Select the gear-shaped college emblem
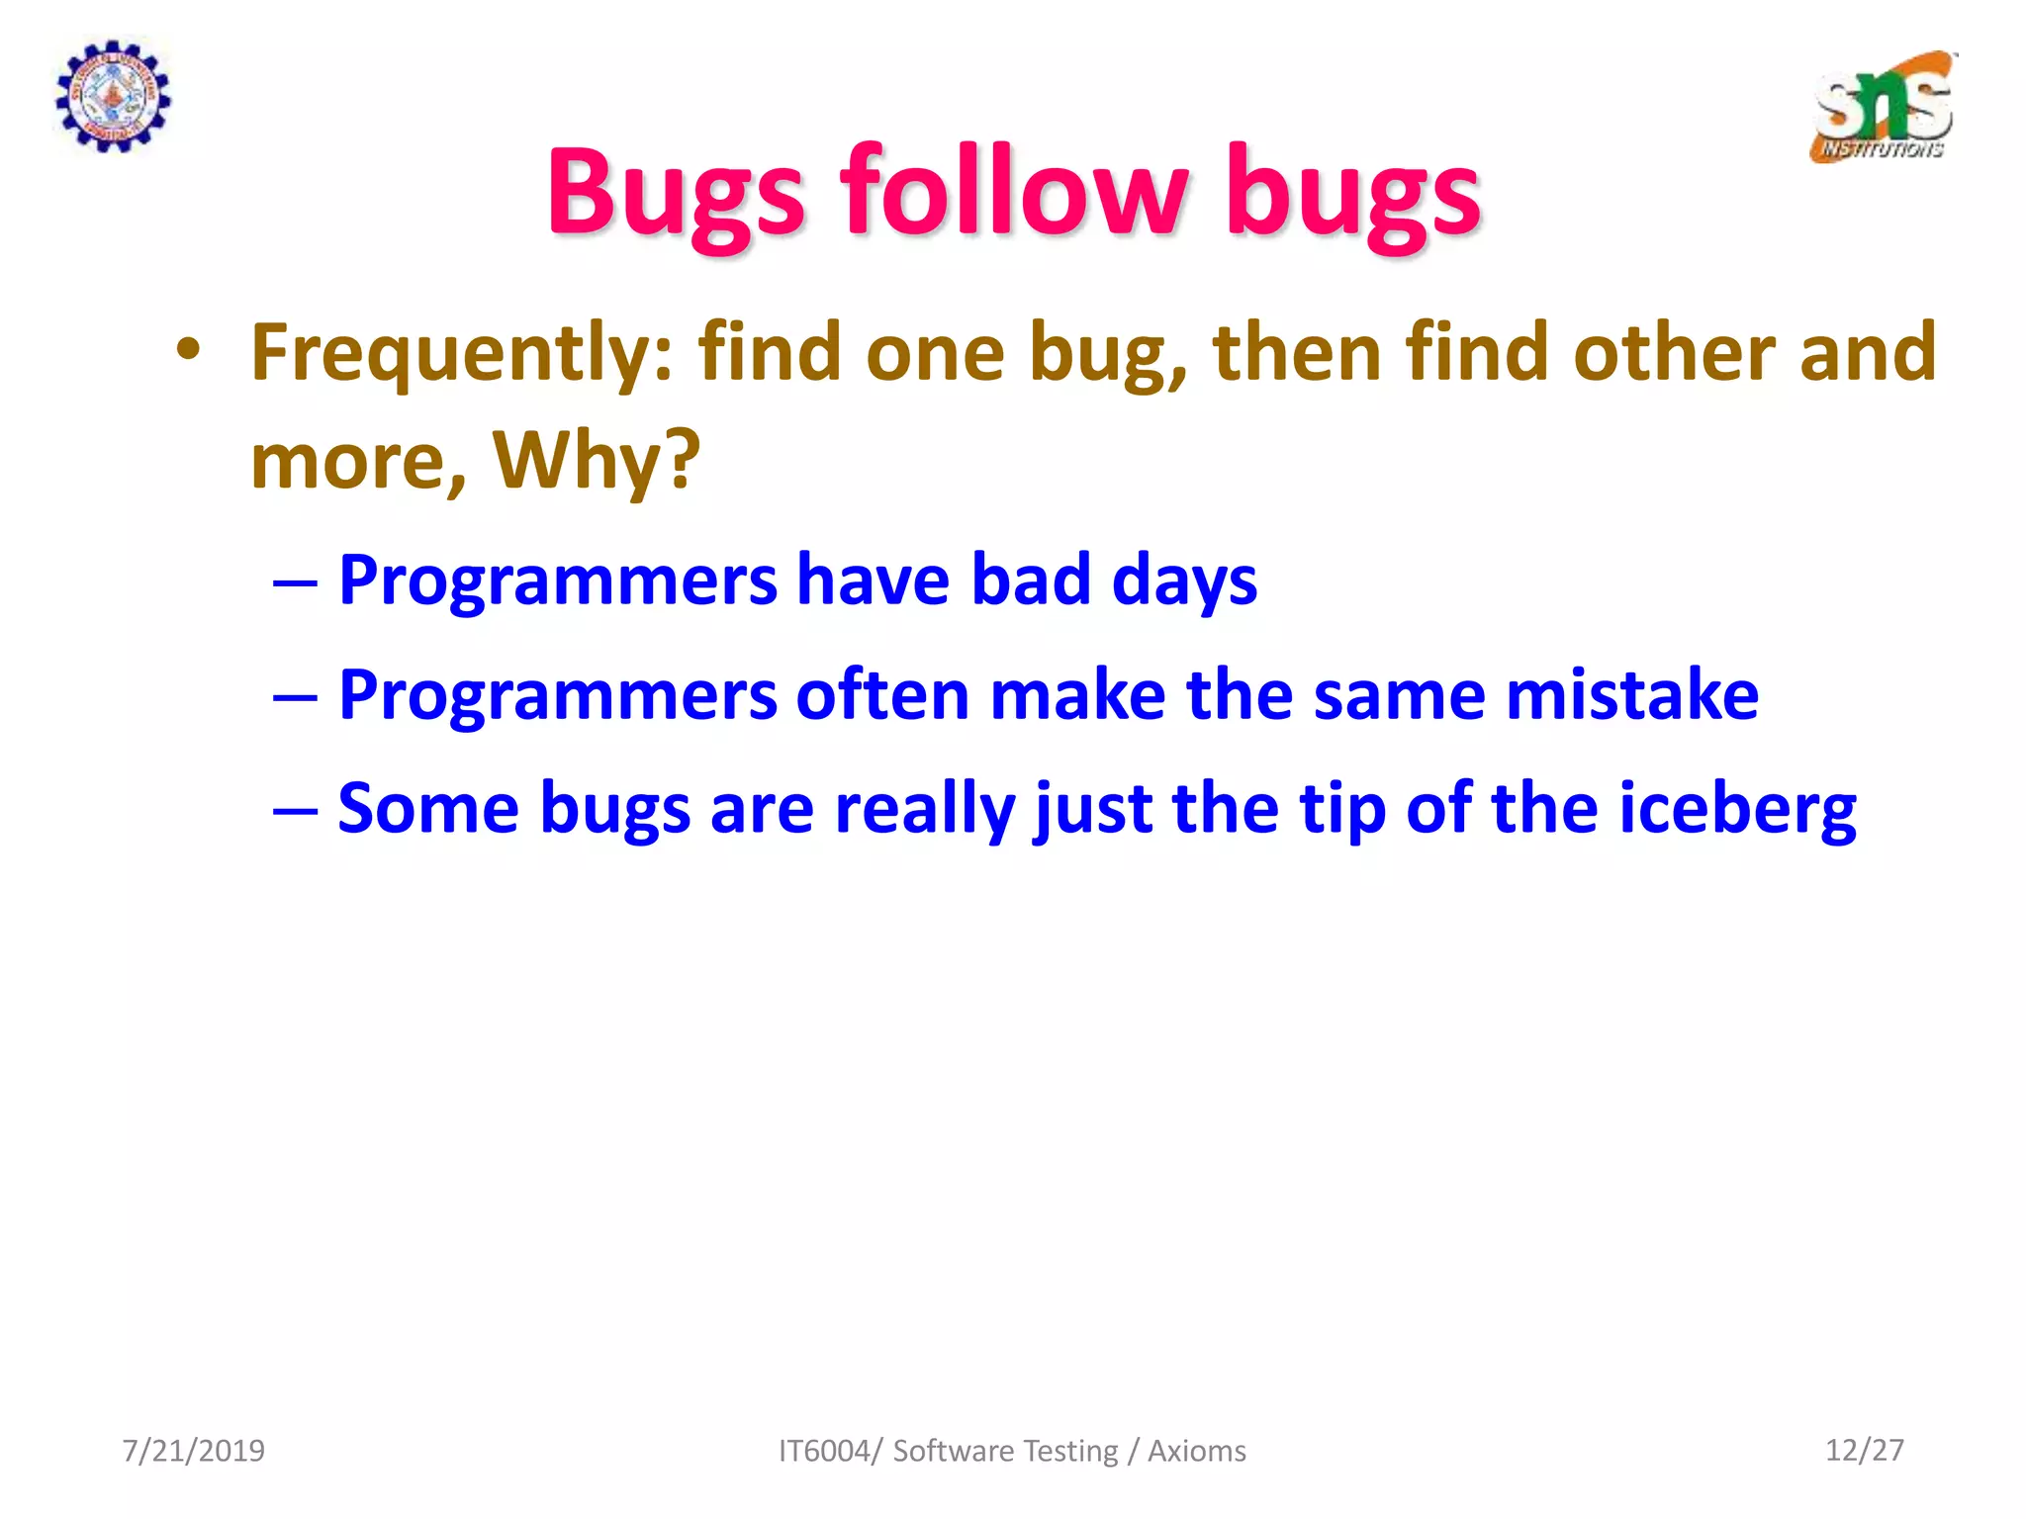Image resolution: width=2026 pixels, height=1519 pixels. [x=112, y=96]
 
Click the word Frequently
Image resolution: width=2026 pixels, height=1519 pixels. [x=461, y=353]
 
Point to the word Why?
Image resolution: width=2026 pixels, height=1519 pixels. [x=597, y=460]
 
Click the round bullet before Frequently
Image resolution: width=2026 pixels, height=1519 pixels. [x=188, y=350]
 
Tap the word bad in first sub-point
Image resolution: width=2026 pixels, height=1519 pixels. [x=1030, y=580]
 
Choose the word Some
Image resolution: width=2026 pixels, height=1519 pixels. [x=427, y=809]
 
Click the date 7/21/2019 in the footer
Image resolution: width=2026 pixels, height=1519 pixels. [x=194, y=1450]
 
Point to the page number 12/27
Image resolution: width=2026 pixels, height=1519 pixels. [x=1864, y=1450]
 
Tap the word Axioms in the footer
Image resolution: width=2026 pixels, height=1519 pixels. [x=1196, y=1451]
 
